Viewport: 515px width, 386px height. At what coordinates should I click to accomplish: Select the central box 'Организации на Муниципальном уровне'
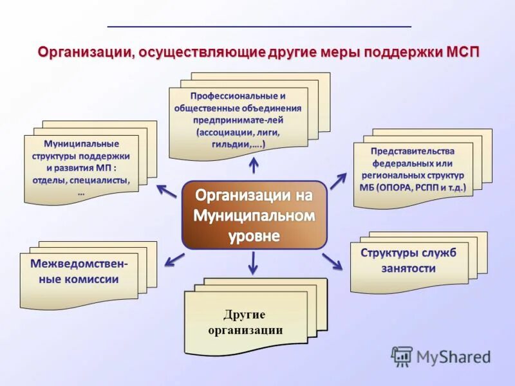pyautogui.click(x=254, y=215)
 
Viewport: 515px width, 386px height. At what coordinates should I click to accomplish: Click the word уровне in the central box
pyautogui.click(x=254, y=236)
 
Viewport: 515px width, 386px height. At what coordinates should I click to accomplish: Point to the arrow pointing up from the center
pyautogui.click(x=254, y=165)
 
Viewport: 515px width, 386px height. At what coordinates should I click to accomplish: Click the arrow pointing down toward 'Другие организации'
pyautogui.click(x=253, y=262)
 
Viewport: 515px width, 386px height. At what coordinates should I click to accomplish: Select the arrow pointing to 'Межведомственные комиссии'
pyautogui.click(x=174, y=259)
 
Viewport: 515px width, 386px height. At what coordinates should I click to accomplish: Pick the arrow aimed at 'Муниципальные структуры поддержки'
pyautogui.click(x=167, y=190)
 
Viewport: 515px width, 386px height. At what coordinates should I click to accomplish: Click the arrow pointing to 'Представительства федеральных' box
pyautogui.click(x=338, y=181)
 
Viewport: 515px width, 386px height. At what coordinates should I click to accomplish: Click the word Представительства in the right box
pyautogui.click(x=413, y=151)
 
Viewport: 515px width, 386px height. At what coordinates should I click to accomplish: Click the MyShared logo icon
pyautogui.click(x=402, y=356)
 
